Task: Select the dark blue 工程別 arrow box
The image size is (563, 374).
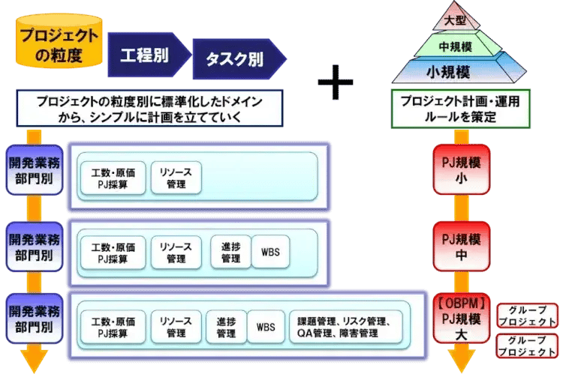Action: pos(148,55)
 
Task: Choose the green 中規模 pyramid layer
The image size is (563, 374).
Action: pos(455,46)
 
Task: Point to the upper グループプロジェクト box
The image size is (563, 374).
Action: pos(528,315)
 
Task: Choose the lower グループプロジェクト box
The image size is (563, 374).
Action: pos(528,346)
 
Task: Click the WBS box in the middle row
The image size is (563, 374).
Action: pos(270,252)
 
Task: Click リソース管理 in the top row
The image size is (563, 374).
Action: pos(176,178)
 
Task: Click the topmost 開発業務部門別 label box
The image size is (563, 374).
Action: pos(32,170)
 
